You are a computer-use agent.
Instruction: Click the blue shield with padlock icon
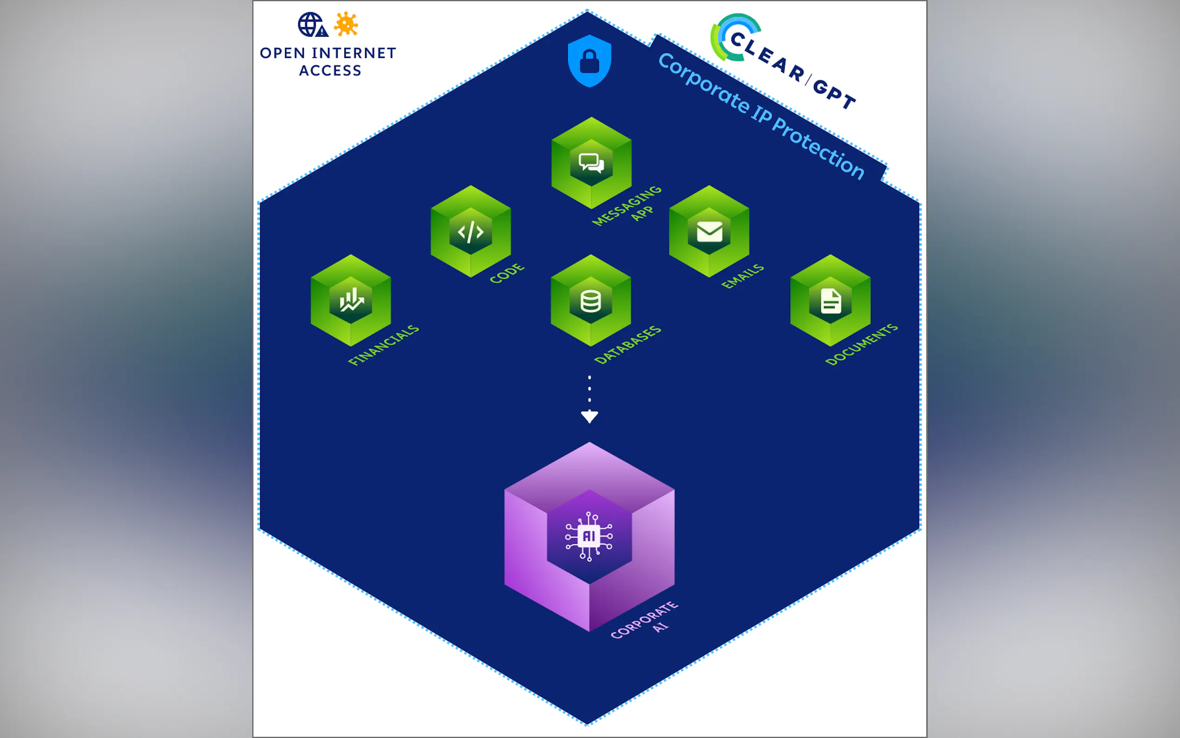coord(589,61)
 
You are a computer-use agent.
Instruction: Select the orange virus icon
coord(346,24)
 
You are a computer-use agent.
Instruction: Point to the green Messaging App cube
coord(591,163)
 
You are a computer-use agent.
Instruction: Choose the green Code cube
coord(471,231)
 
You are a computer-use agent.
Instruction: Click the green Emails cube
coord(709,231)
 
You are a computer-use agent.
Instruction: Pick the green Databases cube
coord(591,300)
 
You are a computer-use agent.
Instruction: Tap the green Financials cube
coord(351,300)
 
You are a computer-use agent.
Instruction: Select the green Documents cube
coord(830,300)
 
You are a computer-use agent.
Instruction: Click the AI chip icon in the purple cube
coord(589,536)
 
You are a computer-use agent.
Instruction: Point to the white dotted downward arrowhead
coord(589,416)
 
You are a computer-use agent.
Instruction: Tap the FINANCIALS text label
coord(383,344)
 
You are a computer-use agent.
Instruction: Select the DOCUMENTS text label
coord(861,344)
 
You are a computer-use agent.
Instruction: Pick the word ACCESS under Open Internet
coord(330,71)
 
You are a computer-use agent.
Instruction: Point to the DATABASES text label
coord(628,344)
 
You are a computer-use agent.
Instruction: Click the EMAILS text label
coord(742,276)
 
